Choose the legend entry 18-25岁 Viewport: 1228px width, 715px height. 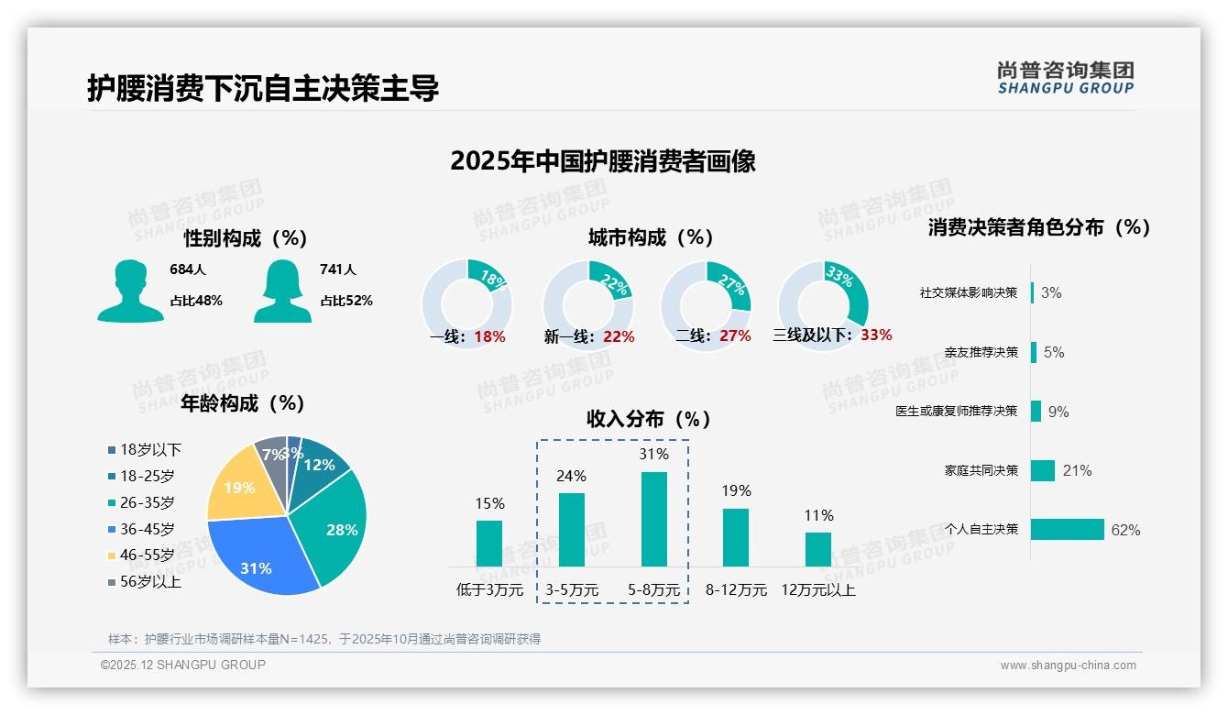(147, 476)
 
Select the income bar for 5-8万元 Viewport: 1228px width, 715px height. (654, 519)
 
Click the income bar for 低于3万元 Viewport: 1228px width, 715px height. (489, 543)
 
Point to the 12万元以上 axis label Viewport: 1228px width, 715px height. (818, 589)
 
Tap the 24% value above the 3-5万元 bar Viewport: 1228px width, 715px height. (572, 476)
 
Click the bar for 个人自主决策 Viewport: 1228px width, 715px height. (1068, 530)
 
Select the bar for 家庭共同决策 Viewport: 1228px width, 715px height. (1043, 470)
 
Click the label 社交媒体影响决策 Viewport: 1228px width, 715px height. (969, 292)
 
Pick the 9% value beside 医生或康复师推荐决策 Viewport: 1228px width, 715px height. (1058, 412)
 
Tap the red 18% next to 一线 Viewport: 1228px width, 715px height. (489, 336)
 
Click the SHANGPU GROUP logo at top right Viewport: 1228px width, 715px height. (1066, 78)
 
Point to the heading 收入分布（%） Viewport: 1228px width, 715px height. (649, 419)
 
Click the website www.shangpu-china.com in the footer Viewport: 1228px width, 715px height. (1068, 665)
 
